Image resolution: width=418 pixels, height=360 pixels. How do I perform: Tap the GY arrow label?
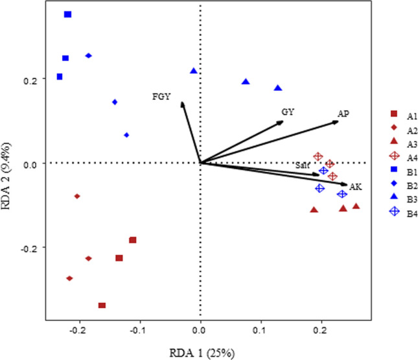click(288, 112)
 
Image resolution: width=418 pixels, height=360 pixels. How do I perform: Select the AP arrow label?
click(343, 114)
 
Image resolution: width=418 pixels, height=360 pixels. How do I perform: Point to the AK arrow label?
click(355, 187)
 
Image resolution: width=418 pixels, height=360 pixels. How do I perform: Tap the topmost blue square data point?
click(67, 14)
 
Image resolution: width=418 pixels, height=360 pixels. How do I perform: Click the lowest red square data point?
click(102, 305)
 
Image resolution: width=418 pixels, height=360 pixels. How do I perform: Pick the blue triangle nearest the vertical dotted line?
click(193, 71)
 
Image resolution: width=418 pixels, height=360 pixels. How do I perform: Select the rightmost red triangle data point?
click(356, 206)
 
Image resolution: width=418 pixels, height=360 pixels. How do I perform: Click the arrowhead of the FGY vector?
click(182, 102)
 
